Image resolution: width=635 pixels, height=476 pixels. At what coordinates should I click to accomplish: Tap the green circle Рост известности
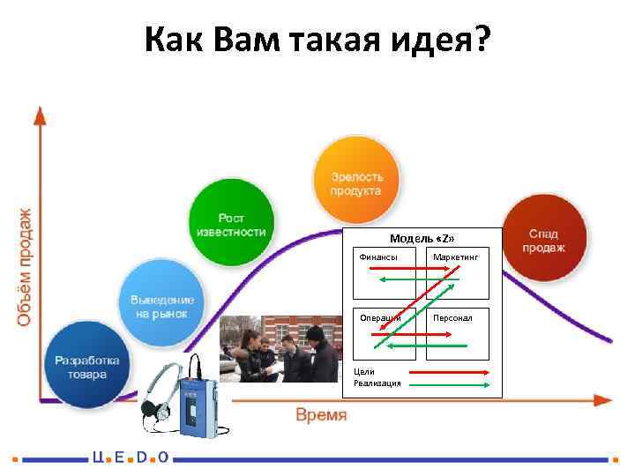[230, 224]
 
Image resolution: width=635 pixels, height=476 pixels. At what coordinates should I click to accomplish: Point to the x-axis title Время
[320, 415]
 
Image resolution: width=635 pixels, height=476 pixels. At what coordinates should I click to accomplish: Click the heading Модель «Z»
[422, 239]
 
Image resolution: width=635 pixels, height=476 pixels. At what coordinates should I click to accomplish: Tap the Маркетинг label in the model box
[455, 257]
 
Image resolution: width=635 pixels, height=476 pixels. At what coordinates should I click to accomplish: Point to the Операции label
[377, 316]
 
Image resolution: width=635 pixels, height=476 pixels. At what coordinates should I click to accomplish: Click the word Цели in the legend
[363, 372]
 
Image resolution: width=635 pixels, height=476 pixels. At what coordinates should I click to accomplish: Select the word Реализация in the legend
[377, 383]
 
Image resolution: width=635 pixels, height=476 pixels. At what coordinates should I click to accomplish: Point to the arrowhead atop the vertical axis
[39, 114]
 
